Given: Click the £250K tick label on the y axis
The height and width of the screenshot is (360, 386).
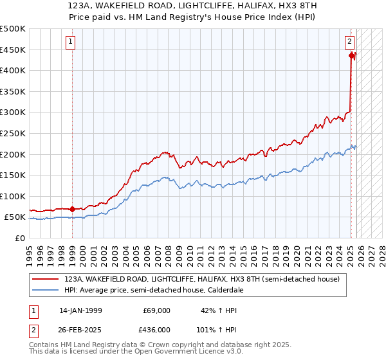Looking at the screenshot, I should [x=13, y=133].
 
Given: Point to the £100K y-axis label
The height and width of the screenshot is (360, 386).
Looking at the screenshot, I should [x=13, y=196].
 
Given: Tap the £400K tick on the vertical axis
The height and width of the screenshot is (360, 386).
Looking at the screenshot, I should [x=13, y=71].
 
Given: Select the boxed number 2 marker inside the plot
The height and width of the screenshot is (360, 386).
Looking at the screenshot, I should [x=349, y=42].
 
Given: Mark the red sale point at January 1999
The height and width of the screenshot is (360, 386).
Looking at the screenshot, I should [x=72, y=209].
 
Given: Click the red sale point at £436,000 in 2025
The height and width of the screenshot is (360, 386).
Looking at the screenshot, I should [x=351, y=56].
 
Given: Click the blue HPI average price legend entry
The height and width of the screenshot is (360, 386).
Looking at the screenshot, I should [x=152, y=290].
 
